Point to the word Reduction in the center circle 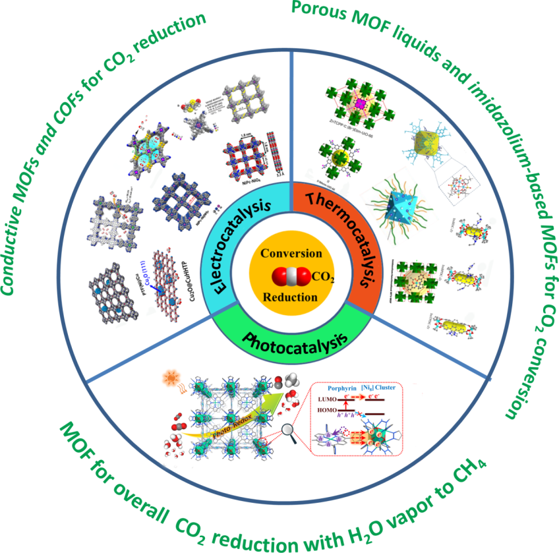pyautogui.click(x=280, y=297)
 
